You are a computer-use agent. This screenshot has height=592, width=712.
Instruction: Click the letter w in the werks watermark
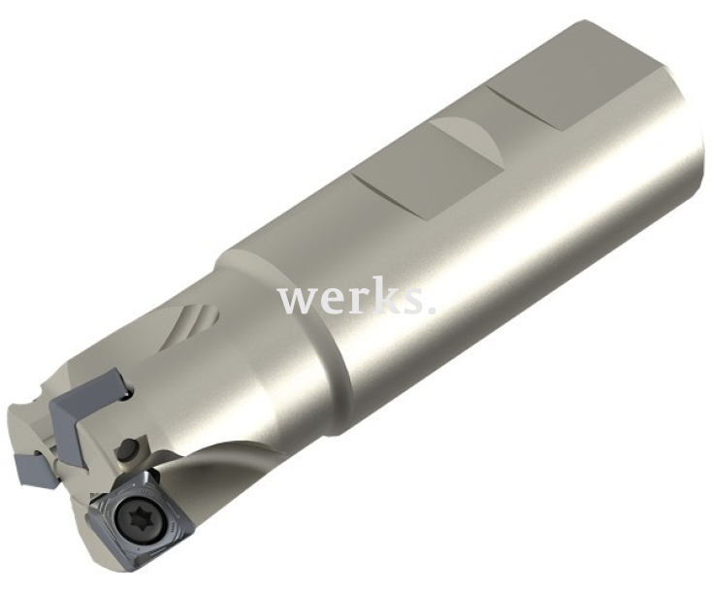[297, 300]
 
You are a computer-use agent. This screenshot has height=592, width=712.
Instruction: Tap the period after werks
[430, 312]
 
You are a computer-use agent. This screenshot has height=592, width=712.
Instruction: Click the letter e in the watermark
[331, 301]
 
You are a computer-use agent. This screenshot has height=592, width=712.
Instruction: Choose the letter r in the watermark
[356, 300]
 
